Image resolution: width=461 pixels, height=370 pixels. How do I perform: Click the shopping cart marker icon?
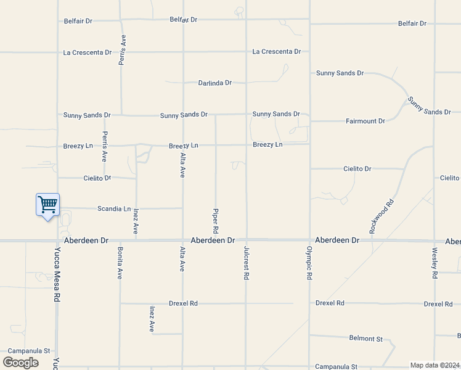click(x=48, y=205)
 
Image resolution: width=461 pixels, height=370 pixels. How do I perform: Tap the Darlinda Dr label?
click(x=214, y=83)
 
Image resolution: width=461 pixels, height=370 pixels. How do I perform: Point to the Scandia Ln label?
click(x=114, y=209)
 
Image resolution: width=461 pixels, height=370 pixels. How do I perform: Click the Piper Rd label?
click(x=216, y=220)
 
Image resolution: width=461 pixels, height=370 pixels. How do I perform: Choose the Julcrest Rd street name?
click(x=246, y=264)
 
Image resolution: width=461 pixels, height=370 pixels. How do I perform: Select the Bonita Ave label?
click(x=120, y=263)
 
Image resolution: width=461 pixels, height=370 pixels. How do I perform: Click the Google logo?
click(x=20, y=363)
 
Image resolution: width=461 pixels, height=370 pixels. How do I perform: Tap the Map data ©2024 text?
click(x=434, y=365)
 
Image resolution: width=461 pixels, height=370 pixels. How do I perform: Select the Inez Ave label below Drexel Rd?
click(x=152, y=319)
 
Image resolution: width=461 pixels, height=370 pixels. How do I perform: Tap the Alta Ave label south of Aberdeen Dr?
click(x=182, y=260)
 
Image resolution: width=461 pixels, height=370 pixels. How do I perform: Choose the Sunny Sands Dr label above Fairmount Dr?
click(x=340, y=73)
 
